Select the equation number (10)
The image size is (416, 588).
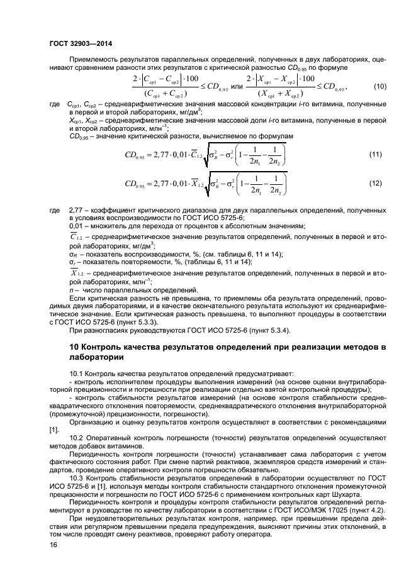pyautogui.click(x=379, y=86)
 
